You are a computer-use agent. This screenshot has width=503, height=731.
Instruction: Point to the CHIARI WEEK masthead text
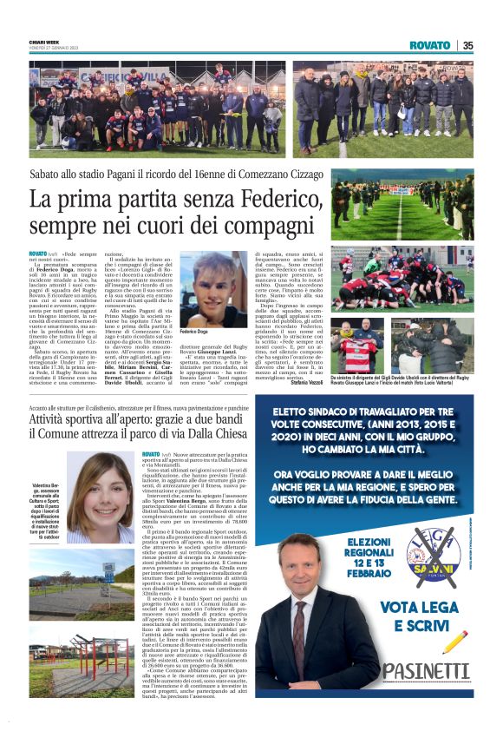(x=43, y=41)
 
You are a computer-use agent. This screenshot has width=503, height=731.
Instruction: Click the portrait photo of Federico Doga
(x=212, y=290)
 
